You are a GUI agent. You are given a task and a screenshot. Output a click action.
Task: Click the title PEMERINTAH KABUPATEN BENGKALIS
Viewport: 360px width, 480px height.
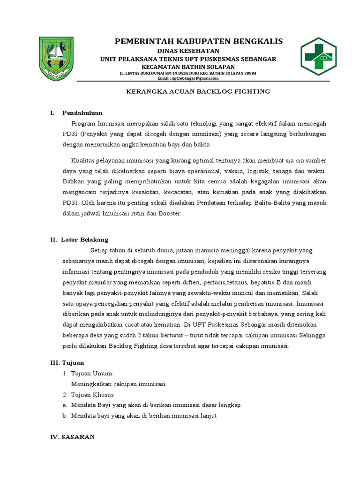tap(199, 42)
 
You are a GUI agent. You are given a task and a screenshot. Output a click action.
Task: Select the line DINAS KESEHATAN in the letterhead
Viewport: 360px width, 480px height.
tap(187, 51)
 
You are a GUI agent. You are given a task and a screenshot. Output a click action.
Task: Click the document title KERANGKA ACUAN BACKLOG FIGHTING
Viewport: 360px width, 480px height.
tap(199, 91)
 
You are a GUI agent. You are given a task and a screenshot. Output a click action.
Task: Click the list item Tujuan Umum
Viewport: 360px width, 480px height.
tap(92, 373)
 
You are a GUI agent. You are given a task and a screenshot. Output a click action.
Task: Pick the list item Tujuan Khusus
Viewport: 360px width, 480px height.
tap(92, 395)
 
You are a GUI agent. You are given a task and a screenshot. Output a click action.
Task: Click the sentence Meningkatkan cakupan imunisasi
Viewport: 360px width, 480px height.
tap(119, 384)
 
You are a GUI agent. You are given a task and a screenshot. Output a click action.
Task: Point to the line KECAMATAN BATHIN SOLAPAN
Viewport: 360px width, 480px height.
tap(187, 67)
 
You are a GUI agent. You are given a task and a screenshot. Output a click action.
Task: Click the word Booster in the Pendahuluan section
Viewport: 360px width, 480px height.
tap(170, 213)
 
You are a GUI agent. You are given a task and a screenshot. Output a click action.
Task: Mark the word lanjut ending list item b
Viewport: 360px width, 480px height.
tap(207, 416)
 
